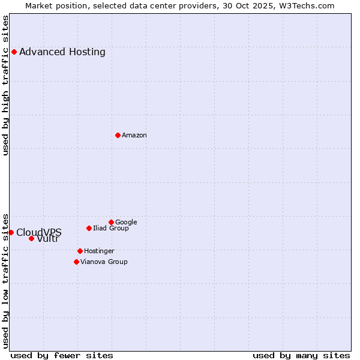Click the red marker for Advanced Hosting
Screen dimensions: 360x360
14,52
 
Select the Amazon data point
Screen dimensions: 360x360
118,135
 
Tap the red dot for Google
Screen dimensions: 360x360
111,222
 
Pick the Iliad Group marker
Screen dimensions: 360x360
89,228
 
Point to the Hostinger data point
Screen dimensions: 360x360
80,251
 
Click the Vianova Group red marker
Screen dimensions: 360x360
76,262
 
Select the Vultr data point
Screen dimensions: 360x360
31,238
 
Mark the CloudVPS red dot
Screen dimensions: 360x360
11,232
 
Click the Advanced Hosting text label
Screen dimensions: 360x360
62,52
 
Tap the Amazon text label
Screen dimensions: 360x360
134,135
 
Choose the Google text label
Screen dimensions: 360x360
126,222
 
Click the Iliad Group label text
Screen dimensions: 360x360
111,228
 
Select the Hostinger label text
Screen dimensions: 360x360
99,251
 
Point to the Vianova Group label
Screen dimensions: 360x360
104,262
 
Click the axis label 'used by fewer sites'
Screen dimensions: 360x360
62,355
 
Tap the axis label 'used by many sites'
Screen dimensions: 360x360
301,355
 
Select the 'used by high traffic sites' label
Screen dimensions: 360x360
6,85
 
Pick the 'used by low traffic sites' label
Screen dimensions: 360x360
6,280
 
